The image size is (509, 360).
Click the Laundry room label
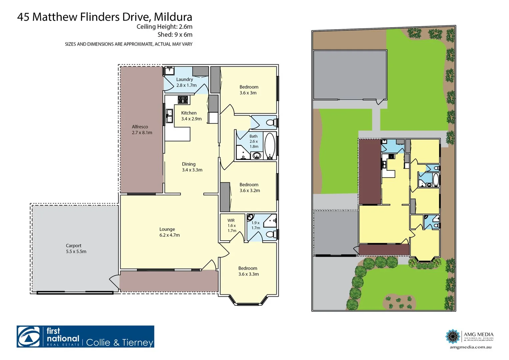tap(184, 79)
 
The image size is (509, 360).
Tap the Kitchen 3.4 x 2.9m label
tap(191, 116)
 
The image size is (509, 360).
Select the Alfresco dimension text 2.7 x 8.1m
tap(142, 133)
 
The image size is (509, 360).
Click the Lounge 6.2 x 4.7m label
tap(169, 232)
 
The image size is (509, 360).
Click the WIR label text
tap(231, 220)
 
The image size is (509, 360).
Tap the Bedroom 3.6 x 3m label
tap(249, 90)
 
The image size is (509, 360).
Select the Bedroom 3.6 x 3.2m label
tap(249, 187)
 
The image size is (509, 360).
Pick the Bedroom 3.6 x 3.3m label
tap(248, 271)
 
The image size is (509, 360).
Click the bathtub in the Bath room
tap(269, 146)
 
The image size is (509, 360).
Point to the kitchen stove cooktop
tap(183, 99)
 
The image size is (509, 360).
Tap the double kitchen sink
tap(169, 115)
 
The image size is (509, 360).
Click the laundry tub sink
tap(169, 71)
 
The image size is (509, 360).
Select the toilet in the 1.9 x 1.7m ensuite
tap(271, 234)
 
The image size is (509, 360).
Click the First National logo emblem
tap(29, 337)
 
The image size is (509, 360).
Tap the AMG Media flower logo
tap(453, 336)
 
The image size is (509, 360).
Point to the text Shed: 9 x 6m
tap(175, 35)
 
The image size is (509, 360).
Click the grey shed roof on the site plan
tap(349, 75)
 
